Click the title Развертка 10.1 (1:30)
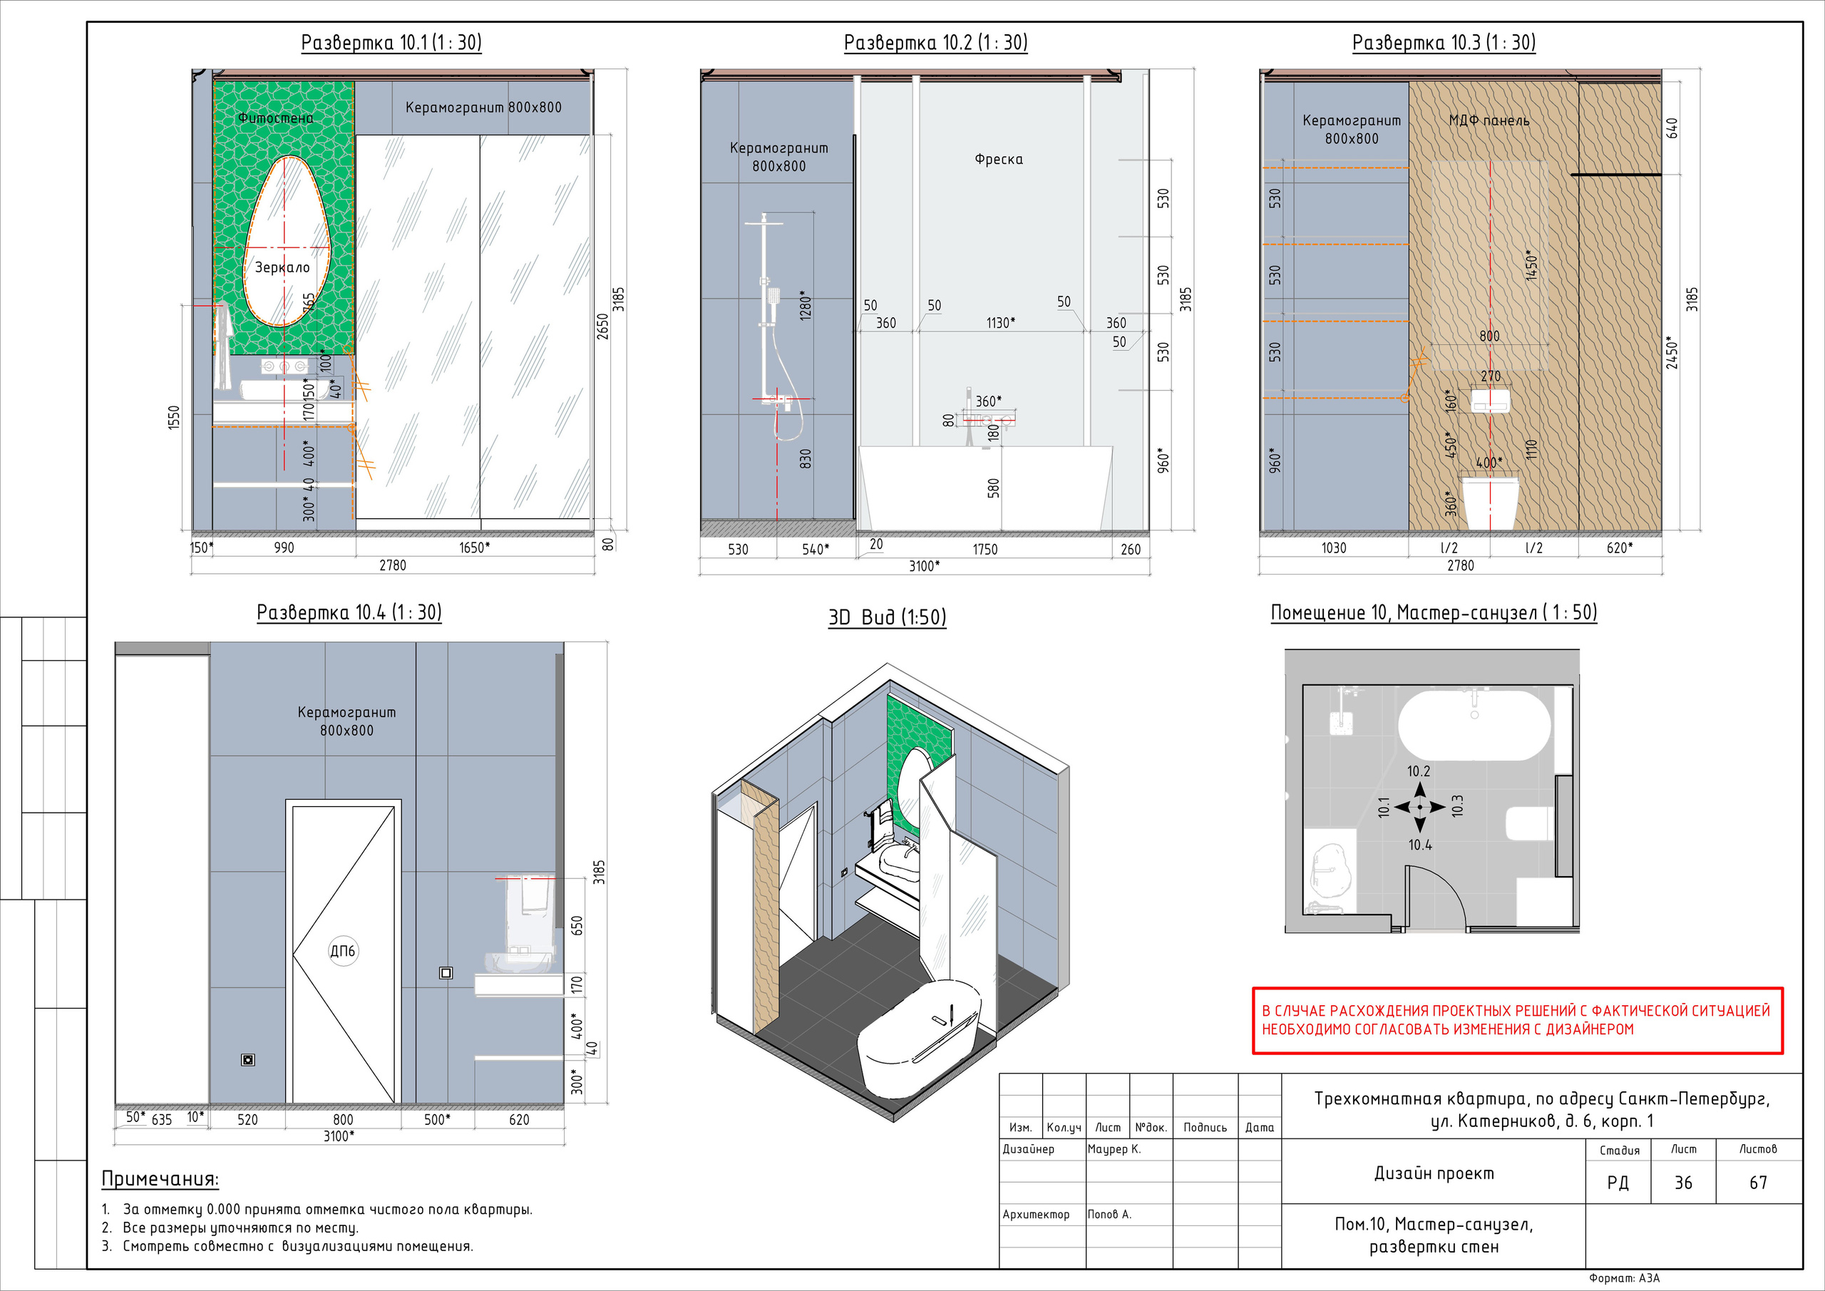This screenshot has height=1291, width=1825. pyautogui.click(x=391, y=42)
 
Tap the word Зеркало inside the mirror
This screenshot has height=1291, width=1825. pyautogui.click(x=282, y=267)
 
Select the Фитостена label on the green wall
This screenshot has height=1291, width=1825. pyautogui.click(x=276, y=118)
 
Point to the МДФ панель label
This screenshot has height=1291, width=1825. pyautogui.click(x=1489, y=121)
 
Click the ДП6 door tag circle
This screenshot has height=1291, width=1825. pyautogui.click(x=343, y=951)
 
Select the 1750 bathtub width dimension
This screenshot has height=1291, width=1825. pyautogui.click(x=985, y=550)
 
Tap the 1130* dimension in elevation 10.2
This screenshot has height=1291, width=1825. pyautogui.click(x=1001, y=323)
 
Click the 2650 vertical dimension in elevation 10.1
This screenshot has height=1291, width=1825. pyautogui.click(x=602, y=326)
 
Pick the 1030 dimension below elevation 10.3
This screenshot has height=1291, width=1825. pyautogui.click(x=1334, y=547)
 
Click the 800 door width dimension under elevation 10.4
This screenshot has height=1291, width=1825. pyautogui.click(x=343, y=1119)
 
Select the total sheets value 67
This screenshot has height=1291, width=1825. pyautogui.click(x=1758, y=1183)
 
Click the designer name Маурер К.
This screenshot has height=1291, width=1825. pyautogui.click(x=1114, y=1148)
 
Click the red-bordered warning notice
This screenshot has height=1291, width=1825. pyautogui.click(x=1518, y=1021)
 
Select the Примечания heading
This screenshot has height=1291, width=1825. pyautogui.click(x=160, y=1179)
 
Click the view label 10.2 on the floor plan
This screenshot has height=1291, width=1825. pyautogui.click(x=1418, y=771)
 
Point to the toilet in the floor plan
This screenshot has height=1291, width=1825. pyautogui.click(x=1529, y=823)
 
